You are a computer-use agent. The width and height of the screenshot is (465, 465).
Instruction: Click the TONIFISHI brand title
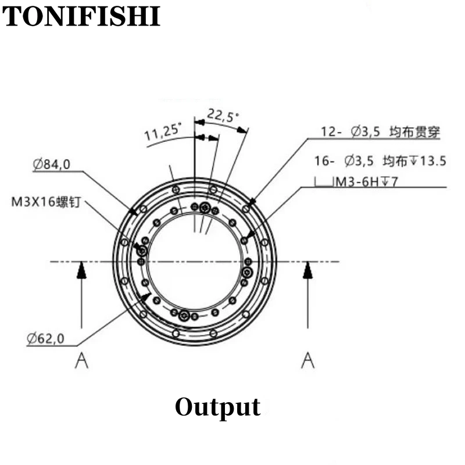coord(81,16)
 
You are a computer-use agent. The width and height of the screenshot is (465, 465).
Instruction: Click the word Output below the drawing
coord(218,408)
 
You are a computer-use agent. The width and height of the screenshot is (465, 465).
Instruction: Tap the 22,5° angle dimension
coord(223,116)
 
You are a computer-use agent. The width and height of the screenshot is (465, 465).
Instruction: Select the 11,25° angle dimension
coord(163,133)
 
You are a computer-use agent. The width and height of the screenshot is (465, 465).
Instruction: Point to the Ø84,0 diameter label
coord(52,164)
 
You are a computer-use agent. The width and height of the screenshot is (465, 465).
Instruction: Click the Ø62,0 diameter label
coord(45,338)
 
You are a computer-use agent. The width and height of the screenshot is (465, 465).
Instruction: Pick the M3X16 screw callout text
coord(46,202)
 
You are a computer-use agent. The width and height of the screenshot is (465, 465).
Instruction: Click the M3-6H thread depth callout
coord(365,181)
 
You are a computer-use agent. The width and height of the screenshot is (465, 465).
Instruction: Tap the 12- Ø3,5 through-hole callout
coord(381,132)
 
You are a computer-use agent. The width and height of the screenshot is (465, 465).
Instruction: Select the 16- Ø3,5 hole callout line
coord(380,161)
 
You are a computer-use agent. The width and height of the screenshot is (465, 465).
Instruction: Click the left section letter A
coord(81,360)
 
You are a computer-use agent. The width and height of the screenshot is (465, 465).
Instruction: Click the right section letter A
coord(308,360)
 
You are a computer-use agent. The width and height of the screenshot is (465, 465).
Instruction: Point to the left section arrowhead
coord(81,270)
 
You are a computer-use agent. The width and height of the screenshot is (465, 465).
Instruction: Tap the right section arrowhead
coord(308,270)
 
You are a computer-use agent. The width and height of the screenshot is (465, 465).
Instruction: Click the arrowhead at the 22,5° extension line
coord(242,130)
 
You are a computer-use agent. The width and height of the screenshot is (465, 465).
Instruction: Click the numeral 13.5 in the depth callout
coord(434,161)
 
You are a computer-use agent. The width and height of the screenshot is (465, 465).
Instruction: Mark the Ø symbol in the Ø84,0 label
coord(38,164)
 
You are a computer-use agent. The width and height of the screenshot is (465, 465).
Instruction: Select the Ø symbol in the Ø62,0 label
coord(32,338)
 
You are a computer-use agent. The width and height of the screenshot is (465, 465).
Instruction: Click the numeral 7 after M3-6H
coord(394,181)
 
